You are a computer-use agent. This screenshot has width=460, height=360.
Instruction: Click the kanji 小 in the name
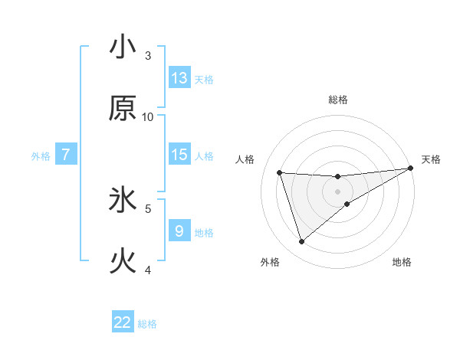123,47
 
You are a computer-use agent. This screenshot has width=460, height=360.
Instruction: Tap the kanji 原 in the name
123,108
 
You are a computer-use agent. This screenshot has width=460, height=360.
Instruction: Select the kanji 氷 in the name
123,200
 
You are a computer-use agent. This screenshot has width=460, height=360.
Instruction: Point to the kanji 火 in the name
123,261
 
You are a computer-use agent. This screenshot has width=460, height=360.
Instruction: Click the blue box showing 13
179,78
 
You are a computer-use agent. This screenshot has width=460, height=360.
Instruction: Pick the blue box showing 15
179,155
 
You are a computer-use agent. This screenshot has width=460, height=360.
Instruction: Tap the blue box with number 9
179,231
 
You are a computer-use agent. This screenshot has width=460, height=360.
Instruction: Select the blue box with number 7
66,155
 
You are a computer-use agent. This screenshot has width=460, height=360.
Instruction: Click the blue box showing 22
123,322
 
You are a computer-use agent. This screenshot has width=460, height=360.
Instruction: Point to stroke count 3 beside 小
148,56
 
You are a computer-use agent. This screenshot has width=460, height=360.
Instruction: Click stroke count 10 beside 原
148,117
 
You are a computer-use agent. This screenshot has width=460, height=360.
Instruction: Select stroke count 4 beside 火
148,270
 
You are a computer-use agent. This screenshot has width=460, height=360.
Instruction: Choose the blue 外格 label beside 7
41,156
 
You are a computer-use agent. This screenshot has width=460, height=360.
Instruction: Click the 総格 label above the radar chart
338,100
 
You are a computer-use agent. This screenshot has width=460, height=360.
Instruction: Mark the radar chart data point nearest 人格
280,172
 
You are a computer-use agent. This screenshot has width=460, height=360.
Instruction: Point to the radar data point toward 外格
301,242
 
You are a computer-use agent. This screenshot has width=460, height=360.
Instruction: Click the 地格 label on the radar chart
402,263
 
